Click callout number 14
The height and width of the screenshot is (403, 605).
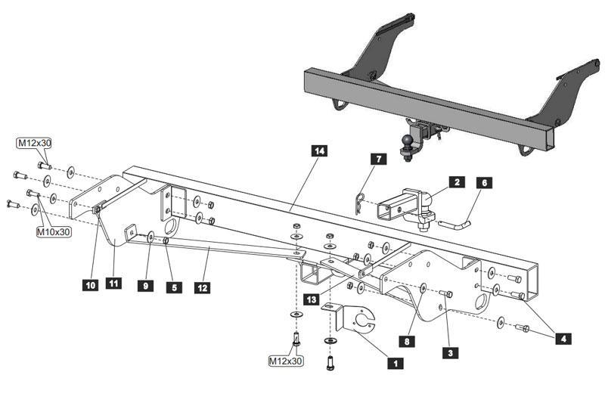tap(320, 151)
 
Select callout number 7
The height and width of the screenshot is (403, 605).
tap(378, 159)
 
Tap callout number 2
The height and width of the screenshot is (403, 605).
tap(456, 182)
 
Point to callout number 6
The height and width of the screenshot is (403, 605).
tap(485, 182)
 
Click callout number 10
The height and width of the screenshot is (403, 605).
tap(91, 285)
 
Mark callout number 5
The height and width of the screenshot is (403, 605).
tap(175, 287)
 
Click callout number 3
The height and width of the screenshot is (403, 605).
tap(451, 352)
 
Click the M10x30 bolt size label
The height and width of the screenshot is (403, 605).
tap(53, 232)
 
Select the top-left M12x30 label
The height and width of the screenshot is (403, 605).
tap(36, 143)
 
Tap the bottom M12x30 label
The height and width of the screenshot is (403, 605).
tap(286, 361)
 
